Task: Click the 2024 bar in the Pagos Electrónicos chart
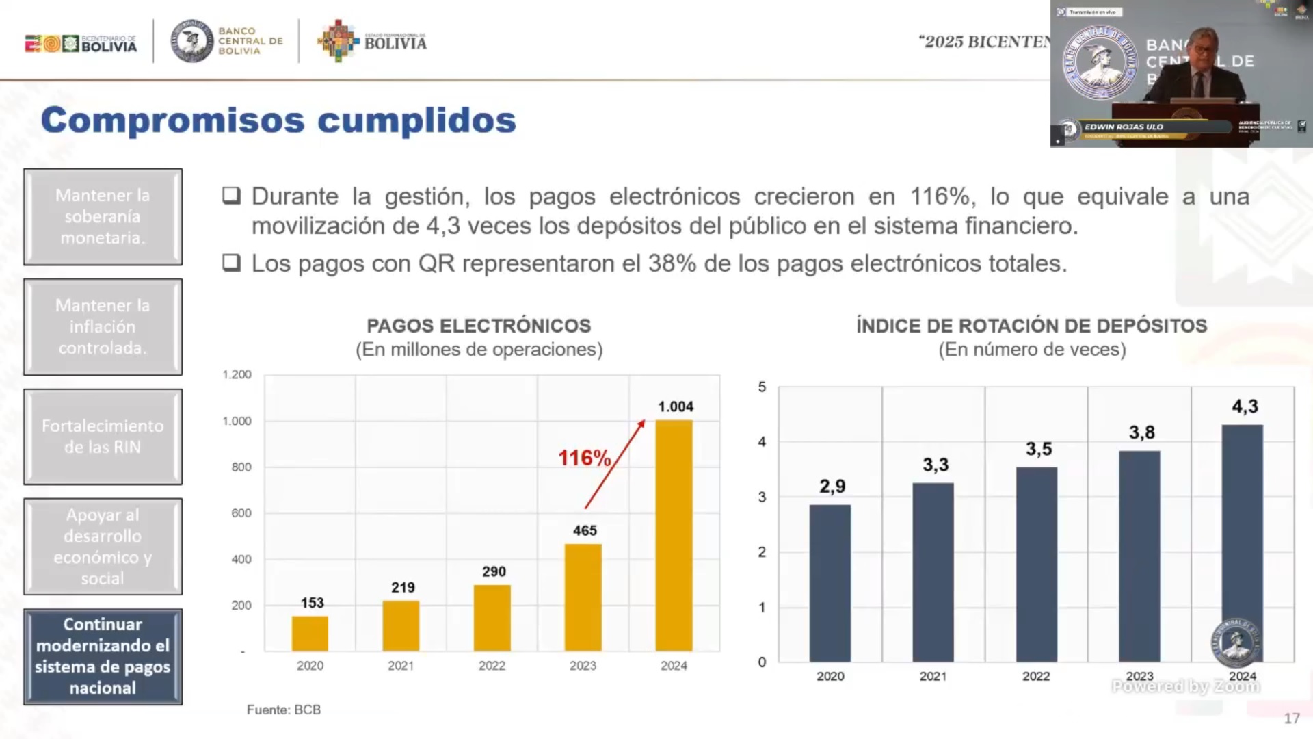[x=674, y=535]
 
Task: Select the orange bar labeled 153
[x=310, y=634]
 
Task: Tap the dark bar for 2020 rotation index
[x=830, y=583]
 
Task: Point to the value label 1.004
[x=676, y=406]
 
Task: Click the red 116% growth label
[x=584, y=458]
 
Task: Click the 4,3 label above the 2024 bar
[x=1245, y=406]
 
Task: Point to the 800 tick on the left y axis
[x=241, y=467]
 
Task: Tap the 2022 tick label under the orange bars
[x=492, y=666]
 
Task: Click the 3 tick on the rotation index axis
[x=762, y=497]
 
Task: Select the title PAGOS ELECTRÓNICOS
[x=479, y=326]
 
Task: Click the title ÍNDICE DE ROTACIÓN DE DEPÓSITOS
[x=1031, y=326]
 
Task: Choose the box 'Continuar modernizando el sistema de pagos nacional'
[x=103, y=656]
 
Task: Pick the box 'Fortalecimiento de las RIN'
[x=103, y=437]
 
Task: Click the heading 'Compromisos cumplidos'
[x=278, y=120]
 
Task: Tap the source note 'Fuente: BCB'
[x=284, y=710]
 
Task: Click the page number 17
[x=1291, y=718]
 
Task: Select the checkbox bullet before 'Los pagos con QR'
[x=231, y=263]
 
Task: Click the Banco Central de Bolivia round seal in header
[x=192, y=41]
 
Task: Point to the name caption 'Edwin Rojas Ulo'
[x=1124, y=127]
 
